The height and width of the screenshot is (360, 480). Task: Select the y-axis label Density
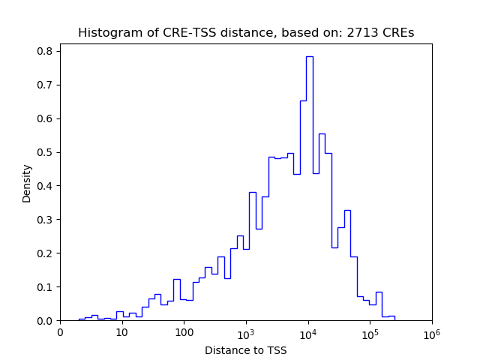pos(27,183)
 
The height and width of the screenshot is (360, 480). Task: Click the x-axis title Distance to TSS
pos(246,350)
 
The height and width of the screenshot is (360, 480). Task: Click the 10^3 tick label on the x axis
pos(246,332)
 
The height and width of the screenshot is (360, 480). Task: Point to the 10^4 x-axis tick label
pos(308,332)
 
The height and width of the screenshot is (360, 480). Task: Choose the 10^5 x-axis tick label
pos(370,332)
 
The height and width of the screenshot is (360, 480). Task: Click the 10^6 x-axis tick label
pos(432,332)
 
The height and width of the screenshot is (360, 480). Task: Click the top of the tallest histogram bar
pos(309,56)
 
